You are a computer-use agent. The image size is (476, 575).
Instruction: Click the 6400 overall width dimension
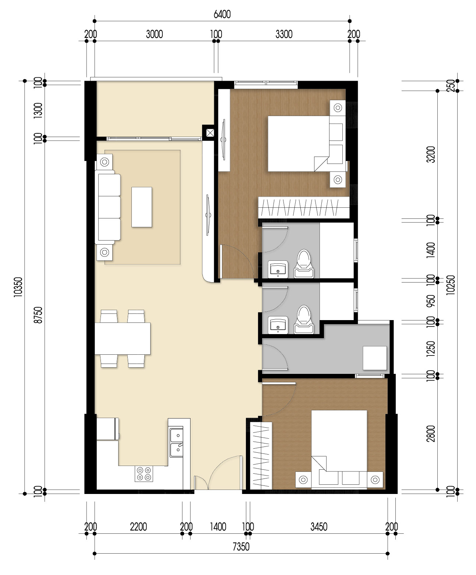pos(222,14)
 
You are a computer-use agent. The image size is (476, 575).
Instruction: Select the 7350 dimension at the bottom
pos(241,546)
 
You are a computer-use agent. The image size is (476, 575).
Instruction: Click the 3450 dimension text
pos(318,526)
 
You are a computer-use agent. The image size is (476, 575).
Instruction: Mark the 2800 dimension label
pos(431,433)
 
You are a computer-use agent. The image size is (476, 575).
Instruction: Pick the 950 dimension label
pos(431,301)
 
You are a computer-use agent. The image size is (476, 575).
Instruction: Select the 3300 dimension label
pos(284,34)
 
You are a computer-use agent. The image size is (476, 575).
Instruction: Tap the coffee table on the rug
pos(142,207)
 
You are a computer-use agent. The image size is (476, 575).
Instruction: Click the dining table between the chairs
pos(123,339)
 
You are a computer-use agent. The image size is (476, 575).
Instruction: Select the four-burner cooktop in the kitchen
pos(144,474)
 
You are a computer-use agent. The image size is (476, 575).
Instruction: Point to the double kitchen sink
pos(176,442)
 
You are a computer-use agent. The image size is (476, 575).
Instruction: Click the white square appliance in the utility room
pos(375,358)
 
